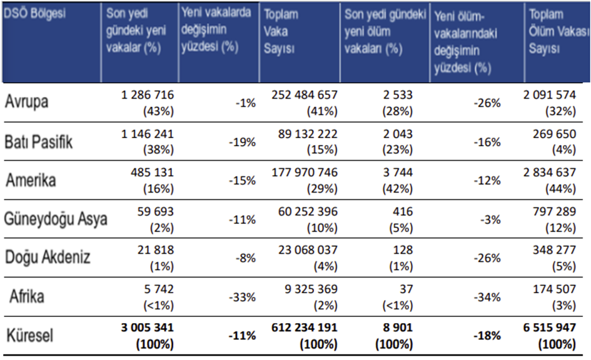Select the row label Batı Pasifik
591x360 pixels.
tap(39, 142)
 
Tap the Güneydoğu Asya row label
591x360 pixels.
tap(56, 219)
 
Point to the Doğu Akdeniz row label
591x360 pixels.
tap(48, 257)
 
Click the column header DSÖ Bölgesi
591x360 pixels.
tap(34, 14)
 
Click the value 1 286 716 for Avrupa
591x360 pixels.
tap(148, 95)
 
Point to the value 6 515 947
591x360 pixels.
tap(551, 329)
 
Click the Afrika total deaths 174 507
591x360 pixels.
tap(552, 289)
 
